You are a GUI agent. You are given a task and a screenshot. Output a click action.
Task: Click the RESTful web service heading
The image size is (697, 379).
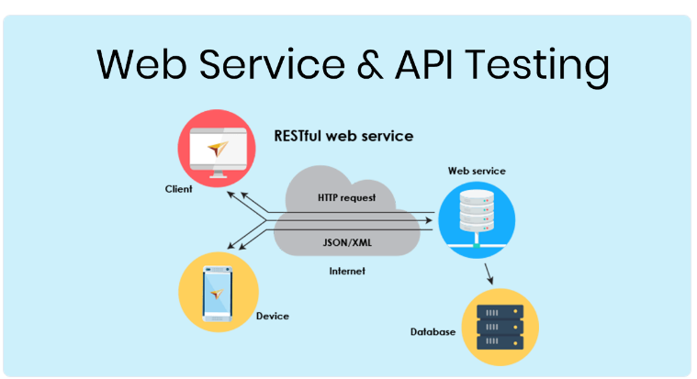point(343,136)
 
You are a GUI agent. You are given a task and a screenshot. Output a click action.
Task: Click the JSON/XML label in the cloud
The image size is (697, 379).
point(345,245)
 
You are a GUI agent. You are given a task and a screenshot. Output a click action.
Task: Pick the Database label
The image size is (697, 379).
point(433,331)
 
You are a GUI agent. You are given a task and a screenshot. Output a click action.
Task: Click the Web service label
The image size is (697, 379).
point(477,171)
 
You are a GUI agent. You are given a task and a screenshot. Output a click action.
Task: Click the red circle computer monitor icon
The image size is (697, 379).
point(217,150)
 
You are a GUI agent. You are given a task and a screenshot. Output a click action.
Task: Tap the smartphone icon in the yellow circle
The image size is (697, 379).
point(216,293)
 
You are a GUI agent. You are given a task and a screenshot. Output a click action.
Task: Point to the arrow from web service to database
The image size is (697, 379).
point(489,273)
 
